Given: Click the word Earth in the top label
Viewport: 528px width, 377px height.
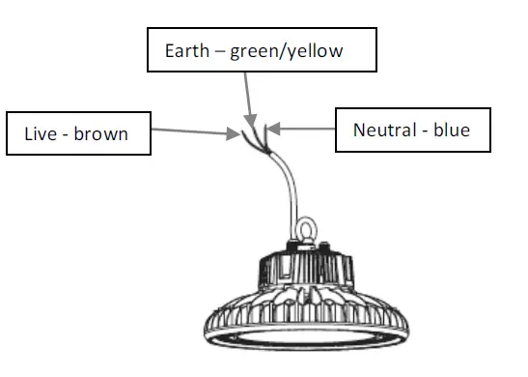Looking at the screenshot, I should click(x=186, y=50).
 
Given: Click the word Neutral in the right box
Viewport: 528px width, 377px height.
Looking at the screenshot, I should click(x=384, y=130).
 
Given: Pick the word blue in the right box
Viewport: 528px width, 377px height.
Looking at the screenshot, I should click(x=453, y=130).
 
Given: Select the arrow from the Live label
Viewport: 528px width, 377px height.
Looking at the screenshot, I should click(x=198, y=131).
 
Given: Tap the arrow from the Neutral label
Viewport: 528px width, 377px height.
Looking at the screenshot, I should click(x=303, y=126).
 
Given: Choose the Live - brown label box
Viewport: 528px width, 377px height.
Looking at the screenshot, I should click(x=79, y=133).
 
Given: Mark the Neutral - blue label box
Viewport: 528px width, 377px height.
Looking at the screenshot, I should click(x=415, y=129).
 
